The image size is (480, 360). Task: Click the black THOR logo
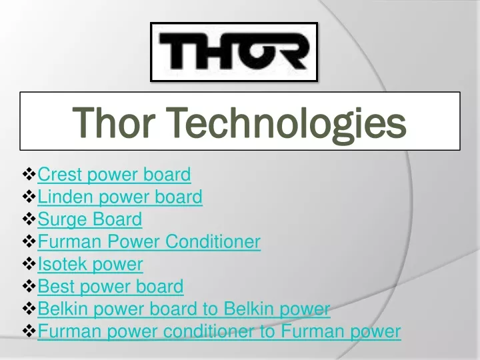pyautogui.click(x=234, y=51)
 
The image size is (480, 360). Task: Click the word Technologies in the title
pyautogui.click(x=288, y=124)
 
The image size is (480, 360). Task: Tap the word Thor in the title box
pyautogui.click(x=113, y=122)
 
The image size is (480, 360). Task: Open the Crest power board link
pyautogui.click(x=114, y=175)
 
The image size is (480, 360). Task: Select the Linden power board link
pyautogui.click(x=120, y=197)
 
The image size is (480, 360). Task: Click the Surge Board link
pyautogui.click(x=90, y=219)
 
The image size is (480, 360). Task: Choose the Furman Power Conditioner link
pyautogui.click(x=149, y=241)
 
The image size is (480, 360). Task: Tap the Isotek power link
pyautogui.click(x=90, y=264)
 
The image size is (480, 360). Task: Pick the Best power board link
pyautogui.click(x=111, y=287)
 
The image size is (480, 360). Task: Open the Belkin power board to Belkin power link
pyautogui.click(x=184, y=309)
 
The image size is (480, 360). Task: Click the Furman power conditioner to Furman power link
pyautogui.click(x=219, y=331)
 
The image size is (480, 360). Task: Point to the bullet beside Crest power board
pyautogui.click(x=29, y=174)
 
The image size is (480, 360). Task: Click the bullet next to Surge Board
pyautogui.click(x=29, y=219)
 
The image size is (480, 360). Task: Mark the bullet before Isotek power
pyautogui.click(x=29, y=263)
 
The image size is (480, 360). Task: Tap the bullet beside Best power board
pyautogui.click(x=29, y=286)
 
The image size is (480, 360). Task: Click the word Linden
pyautogui.click(x=65, y=197)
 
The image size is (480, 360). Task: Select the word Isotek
pyautogui.click(x=62, y=264)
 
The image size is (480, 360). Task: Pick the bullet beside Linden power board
pyautogui.click(x=29, y=197)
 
